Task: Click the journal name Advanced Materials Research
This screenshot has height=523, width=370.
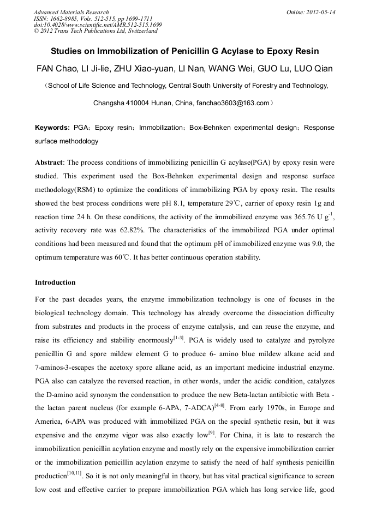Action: click(71, 12)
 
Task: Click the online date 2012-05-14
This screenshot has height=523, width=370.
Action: click(320, 12)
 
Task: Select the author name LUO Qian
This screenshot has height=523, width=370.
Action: click(312, 69)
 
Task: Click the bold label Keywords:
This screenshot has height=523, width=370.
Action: click(52, 128)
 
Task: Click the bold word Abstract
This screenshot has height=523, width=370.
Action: click(49, 163)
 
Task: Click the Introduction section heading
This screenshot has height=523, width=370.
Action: click(55, 282)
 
